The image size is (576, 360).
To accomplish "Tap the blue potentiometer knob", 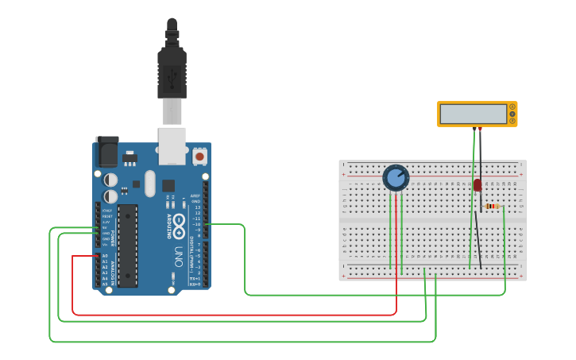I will click(396, 177).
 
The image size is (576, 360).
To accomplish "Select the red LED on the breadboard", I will click(477, 185).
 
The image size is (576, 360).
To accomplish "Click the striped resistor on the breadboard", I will click(492, 207).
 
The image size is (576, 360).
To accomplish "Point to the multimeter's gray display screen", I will click(473, 114).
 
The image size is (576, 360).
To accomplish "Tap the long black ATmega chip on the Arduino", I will click(127, 245).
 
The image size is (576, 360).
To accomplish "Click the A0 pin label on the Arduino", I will click(105, 256).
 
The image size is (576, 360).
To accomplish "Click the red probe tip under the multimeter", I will click(474, 129).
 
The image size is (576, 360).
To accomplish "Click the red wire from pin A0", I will click(238, 314).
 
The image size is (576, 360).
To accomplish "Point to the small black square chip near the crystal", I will click(168, 186).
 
